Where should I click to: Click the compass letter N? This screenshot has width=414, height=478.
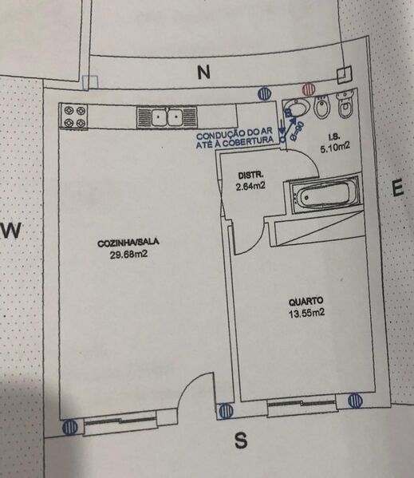point(203,73)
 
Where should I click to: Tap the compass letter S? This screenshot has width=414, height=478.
point(241,440)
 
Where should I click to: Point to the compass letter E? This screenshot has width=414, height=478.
point(397,188)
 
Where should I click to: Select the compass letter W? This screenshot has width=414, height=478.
point(12,230)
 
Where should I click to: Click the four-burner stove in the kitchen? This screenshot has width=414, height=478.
point(74,117)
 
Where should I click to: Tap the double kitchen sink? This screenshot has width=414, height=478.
point(167,117)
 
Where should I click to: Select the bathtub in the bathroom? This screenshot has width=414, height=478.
point(324,195)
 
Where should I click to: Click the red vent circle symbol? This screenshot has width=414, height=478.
point(309,89)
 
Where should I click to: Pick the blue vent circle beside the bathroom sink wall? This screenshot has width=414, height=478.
point(264,93)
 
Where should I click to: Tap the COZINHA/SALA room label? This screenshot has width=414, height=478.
point(128,243)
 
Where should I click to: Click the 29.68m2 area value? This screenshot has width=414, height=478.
point(128,255)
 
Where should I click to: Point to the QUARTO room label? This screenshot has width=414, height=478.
point(306,302)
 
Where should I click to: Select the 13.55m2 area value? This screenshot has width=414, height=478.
point(307,313)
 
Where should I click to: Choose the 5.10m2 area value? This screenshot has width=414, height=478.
point(334,148)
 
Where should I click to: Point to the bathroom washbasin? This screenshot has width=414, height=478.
point(297,107)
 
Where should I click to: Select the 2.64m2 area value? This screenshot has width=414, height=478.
point(250,186)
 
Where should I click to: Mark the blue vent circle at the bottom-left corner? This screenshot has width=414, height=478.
point(69,427)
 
